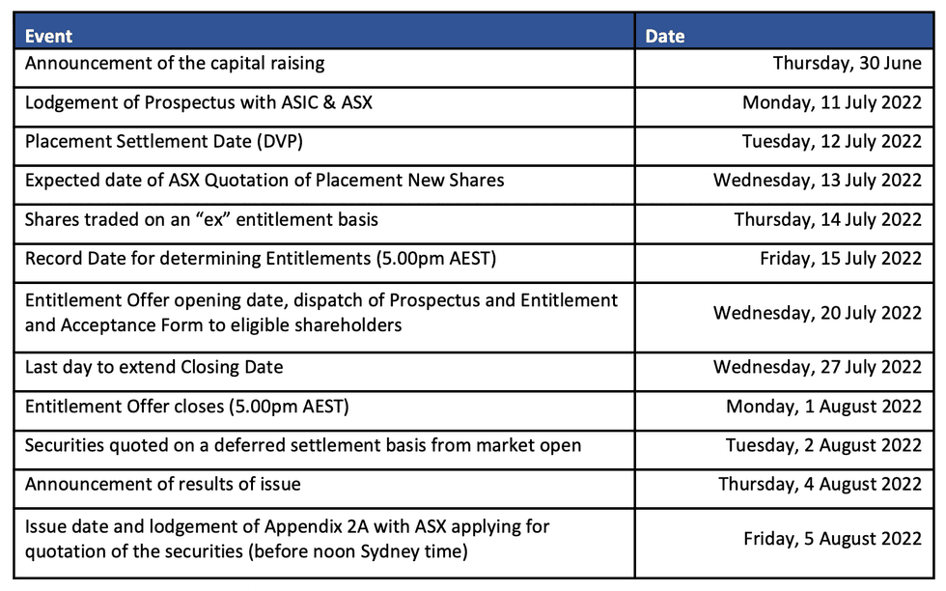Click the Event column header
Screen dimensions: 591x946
pos(48,36)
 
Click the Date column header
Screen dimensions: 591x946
pos(665,36)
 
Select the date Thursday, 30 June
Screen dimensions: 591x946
pos(847,64)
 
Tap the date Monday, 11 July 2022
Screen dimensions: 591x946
pos(831,102)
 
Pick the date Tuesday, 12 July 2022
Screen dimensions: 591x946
pos(831,142)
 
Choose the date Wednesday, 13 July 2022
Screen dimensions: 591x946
pos(818,181)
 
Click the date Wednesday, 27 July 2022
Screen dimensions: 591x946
pos(818,367)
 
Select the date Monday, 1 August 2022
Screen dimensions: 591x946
pos(823,407)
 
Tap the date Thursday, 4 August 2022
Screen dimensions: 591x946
pos(820,484)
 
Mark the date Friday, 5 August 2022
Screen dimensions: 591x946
pos(832,538)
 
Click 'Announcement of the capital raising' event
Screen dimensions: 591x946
pos(175,64)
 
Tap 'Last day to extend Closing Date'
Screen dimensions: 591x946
pos(153,367)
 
